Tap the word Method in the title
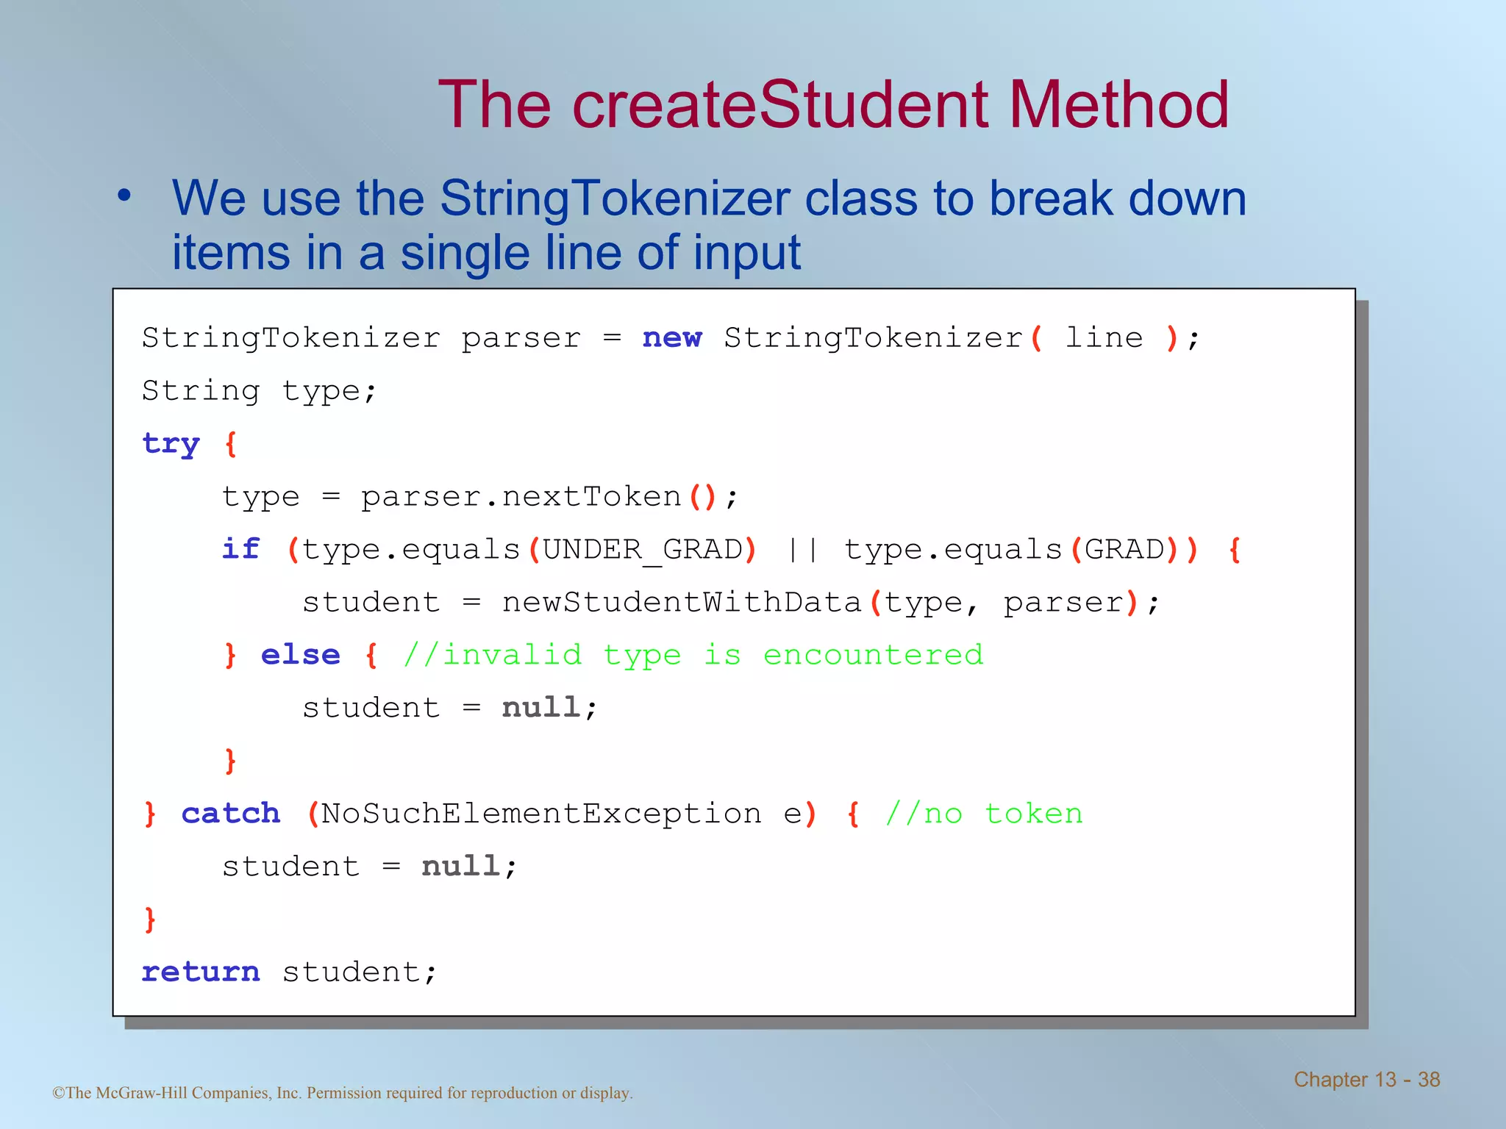tap(1118, 105)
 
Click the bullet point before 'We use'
tap(124, 196)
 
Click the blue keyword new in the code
tap(672, 337)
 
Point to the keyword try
tap(171, 444)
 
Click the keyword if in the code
tap(240, 548)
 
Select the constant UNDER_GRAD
tap(643, 550)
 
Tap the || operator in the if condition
tap(802, 550)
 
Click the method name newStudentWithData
tap(681, 602)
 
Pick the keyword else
tap(300, 654)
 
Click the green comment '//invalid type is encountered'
tap(693, 654)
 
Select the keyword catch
tap(231, 813)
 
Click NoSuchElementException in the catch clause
tap(541, 814)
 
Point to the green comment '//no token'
tap(984, 814)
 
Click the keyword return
tap(200, 972)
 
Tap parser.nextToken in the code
tap(521, 497)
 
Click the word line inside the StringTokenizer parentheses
tap(1104, 337)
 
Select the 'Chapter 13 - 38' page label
tap(1366, 1079)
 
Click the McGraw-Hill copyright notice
tap(343, 1093)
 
